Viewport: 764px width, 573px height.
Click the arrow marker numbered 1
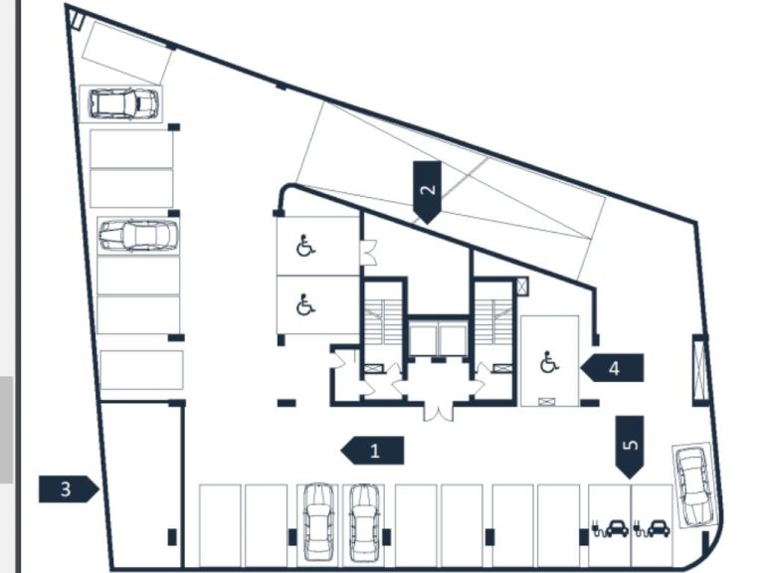(x=373, y=451)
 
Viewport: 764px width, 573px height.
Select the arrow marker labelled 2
(x=427, y=190)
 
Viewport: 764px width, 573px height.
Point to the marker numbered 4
(x=613, y=367)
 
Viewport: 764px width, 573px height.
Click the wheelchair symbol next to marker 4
(x=549, y=362)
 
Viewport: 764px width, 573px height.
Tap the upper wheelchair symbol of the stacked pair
(x=306, y=245)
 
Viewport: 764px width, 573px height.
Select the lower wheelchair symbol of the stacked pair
(x=306, y=304)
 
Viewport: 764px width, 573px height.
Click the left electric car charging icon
(x=609, y=527)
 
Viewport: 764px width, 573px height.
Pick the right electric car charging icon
(x=652, y=527)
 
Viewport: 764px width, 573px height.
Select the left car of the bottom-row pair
(x=317, y=521)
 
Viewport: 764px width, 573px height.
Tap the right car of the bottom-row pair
(x=363, y=521)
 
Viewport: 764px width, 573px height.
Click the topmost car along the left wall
(x=124, y=102)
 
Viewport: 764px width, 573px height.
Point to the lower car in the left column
(x=138, y=236)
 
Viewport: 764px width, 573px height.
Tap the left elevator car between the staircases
(x=424, y=338)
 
